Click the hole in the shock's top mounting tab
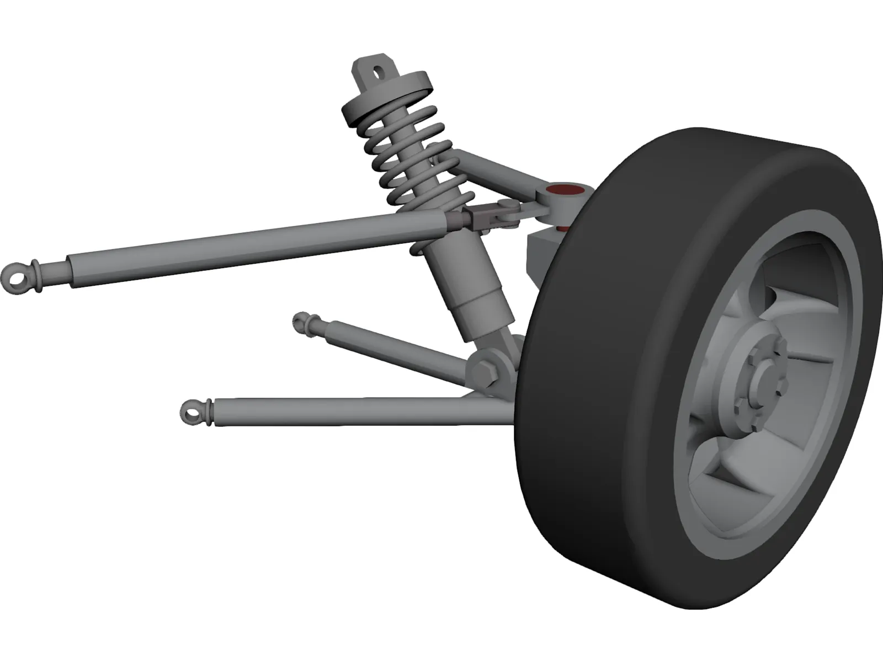[x=377, y=71]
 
